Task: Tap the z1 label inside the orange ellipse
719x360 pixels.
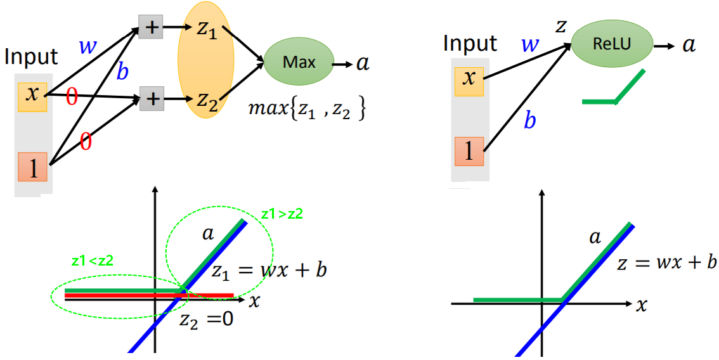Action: pyautogui.click(x=206, y=31)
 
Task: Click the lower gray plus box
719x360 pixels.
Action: pyautogui.click(x=152, y=99)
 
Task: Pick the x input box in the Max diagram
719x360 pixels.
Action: pyautogui.click(x=32, y=96)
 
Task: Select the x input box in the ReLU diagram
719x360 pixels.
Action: pyautogui.click(x=469, y=78)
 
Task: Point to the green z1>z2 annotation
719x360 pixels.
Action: pyautogui.click(x=282, y=214)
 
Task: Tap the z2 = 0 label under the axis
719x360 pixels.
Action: pyautogui.click(x=206, y=319)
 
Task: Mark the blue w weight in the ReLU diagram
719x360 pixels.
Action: pyautogui.click(x=530, y=45)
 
